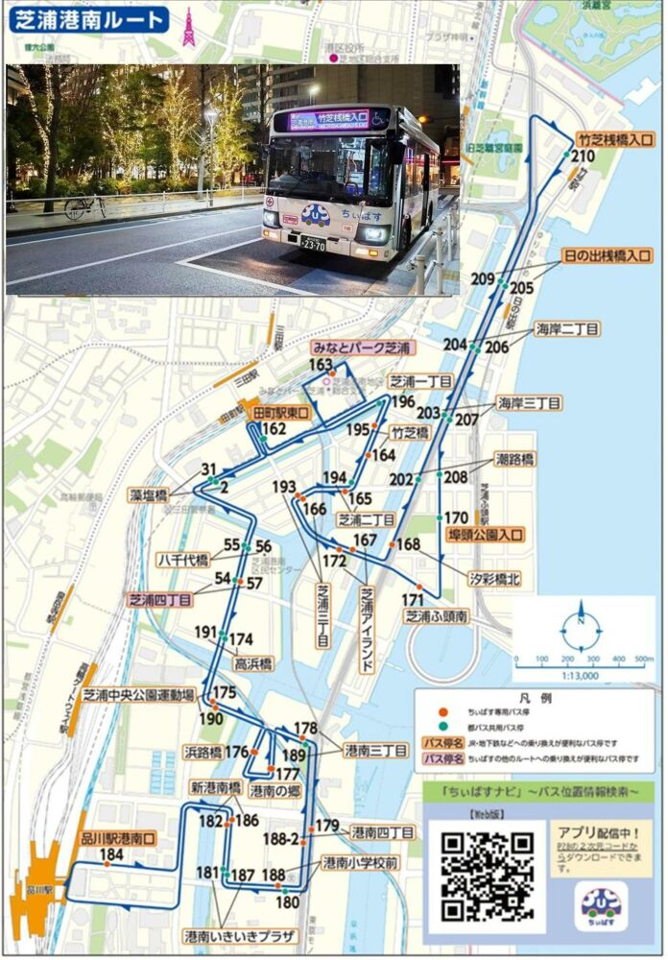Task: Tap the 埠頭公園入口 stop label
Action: (x=486, y=535)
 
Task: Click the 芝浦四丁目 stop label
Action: (x=160, y=599)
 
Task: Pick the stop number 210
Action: (x=583, y=156)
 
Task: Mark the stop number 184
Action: (x=111, y=854)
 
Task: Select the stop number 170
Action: (x=456, y=518)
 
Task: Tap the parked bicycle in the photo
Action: (x=85, y=204)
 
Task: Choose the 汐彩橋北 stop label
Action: (x=494, y=579)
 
